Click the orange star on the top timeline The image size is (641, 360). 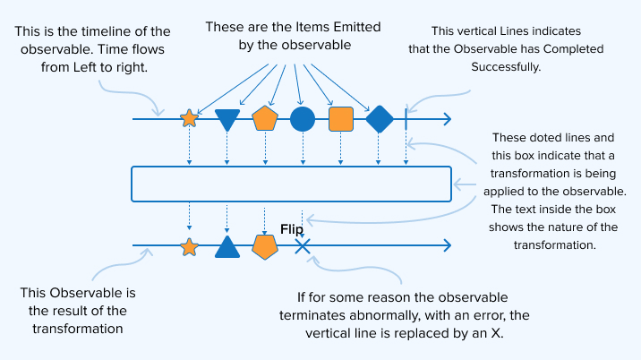(189, 118)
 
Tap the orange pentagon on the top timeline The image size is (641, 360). (265, 118)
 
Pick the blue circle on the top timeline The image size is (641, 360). (303, 118)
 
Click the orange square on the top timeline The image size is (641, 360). (341, 118)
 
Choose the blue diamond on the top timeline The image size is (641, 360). (380, 118)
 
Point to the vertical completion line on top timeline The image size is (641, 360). (406, 118)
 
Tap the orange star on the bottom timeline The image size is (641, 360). (189, 246)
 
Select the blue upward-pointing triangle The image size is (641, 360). (227, 246)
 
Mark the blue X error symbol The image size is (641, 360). (303, 246)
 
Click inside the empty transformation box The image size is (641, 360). (291, 184)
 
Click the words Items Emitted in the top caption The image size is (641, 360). (308, 27)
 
